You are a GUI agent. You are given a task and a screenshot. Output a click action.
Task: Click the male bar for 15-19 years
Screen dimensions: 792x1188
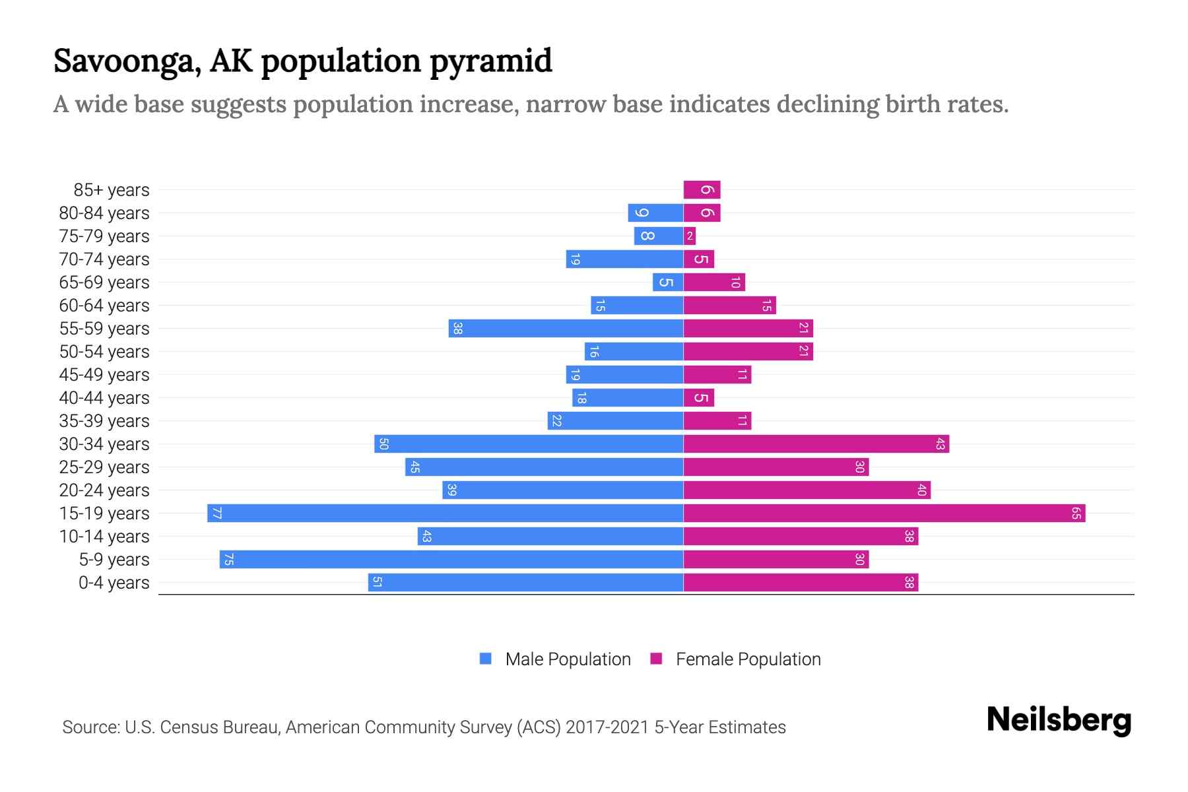click(x=445, y=513)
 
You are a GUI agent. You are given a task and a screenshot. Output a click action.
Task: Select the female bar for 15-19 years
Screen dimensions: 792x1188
click(x=884, y=513)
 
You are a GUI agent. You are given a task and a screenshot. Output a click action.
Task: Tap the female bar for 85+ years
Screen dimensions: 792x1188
click(x=702, y=190)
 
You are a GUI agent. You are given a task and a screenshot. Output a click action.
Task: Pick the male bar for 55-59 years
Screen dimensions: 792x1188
click(x=566, y=328)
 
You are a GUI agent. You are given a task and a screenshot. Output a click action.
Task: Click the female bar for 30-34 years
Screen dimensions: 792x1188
click(x=816, y=444)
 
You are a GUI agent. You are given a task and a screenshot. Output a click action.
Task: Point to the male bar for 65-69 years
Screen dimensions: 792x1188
click(x=668, y=282)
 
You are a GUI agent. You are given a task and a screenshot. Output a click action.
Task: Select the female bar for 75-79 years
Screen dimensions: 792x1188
click(x=690, y=236)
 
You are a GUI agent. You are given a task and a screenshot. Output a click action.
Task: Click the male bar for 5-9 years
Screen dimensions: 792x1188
click(x=451, y=559)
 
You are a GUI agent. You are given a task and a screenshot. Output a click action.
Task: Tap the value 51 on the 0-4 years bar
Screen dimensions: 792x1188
click(x=378, y=582)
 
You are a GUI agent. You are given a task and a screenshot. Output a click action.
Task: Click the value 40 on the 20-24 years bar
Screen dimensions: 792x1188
click(x=922, y=490)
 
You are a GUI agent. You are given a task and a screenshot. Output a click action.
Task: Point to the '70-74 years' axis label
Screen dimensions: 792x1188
click(x=104, y=259)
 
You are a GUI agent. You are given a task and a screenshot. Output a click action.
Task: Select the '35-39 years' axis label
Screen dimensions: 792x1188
click(x=104, y=421)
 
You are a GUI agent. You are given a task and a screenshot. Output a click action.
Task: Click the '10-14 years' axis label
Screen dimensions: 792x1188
click(x=104, y=537)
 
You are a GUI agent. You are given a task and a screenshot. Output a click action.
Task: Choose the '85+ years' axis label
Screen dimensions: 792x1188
click(x=112, y=190)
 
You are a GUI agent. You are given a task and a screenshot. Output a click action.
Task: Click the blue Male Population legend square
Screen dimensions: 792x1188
click(x=486, y=659)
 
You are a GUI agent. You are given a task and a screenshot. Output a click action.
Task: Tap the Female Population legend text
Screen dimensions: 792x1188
click(x=748, y=659)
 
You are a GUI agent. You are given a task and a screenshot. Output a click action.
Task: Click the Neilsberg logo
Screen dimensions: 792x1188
click(x=1059, y=720)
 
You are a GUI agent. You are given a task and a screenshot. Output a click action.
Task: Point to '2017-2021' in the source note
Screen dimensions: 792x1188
click(x=607, y=727)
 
